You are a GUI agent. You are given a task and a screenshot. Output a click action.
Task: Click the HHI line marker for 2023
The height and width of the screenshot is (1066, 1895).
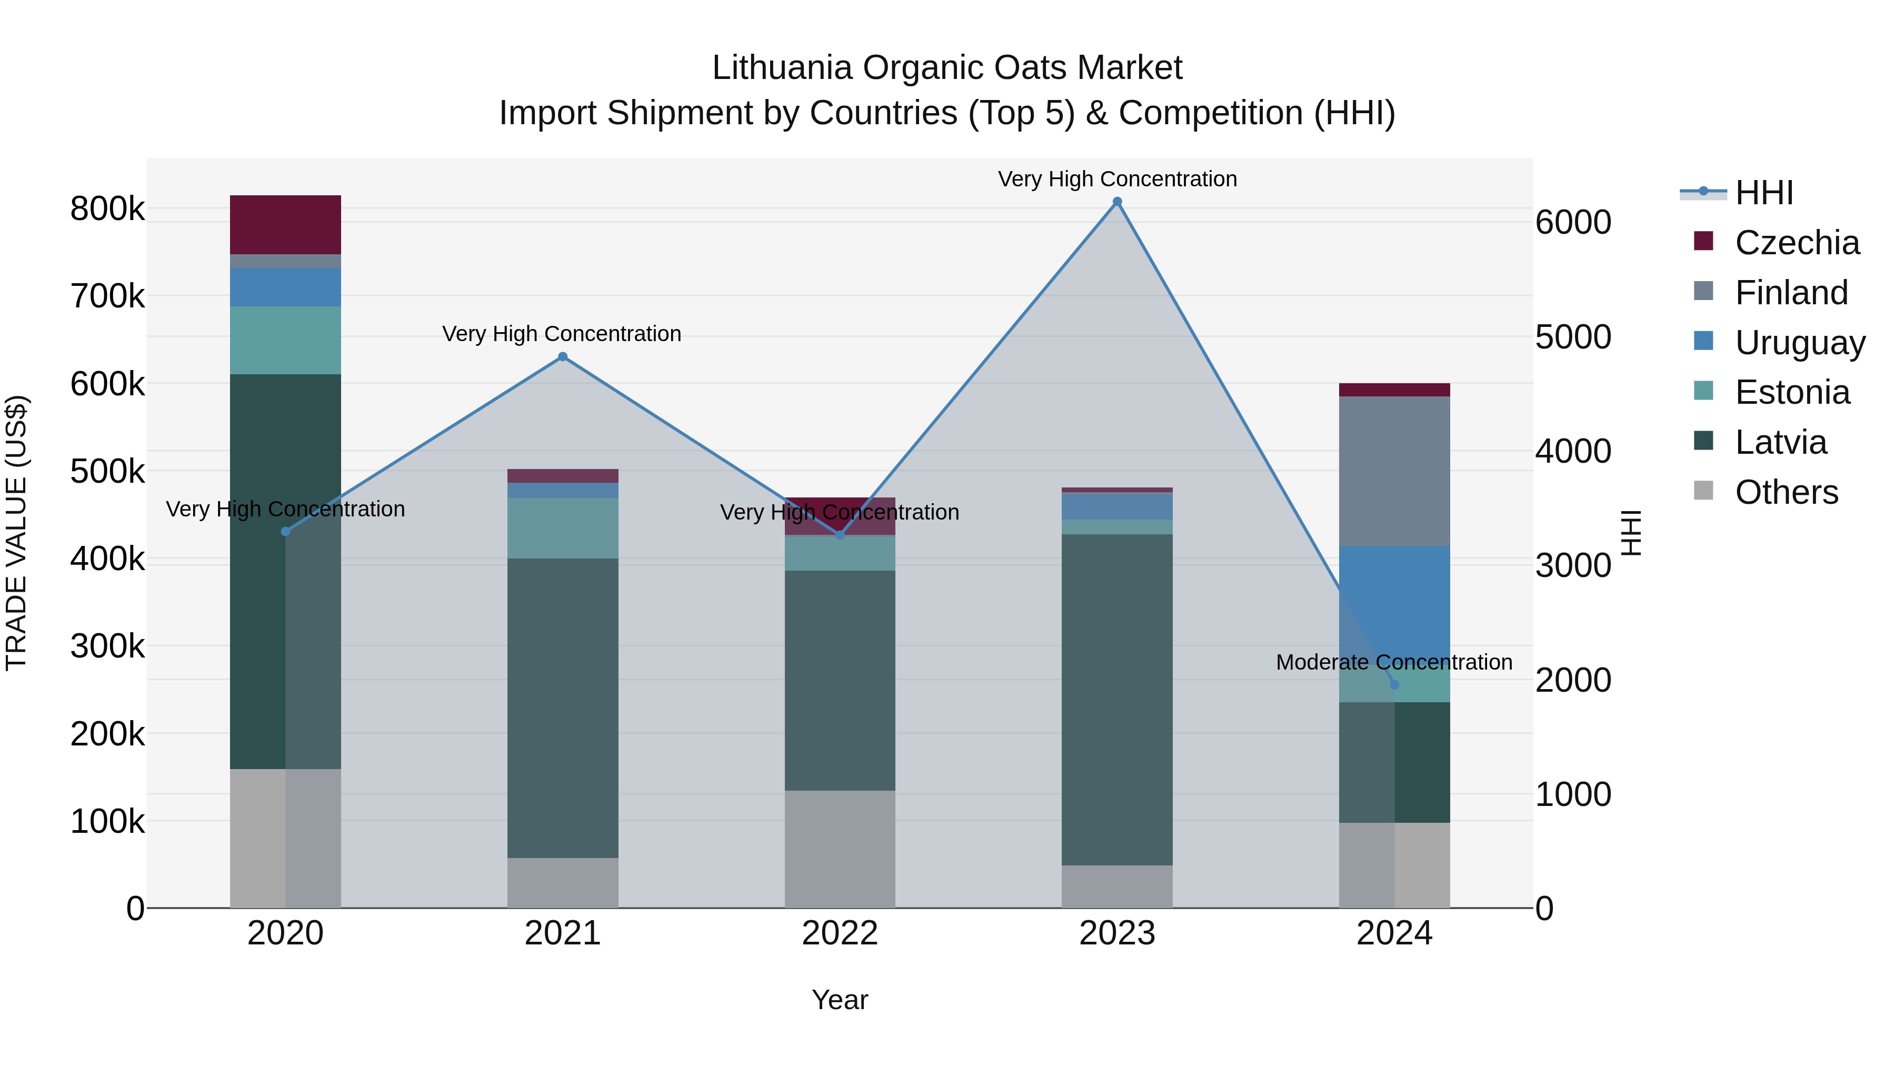pyautogui.click(x=1116, y=202)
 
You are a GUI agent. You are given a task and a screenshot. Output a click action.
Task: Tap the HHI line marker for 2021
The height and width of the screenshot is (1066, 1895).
pyautogui.click(x=563, y=357)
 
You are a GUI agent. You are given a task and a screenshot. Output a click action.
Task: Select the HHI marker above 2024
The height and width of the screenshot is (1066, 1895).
pyautogui.click(x=1394, y=685)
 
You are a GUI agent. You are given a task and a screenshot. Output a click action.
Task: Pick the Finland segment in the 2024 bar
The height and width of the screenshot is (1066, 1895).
pyautogui.click(x=1394, y=471)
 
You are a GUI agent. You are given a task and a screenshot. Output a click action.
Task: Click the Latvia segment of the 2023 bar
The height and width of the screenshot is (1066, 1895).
pyautogui.click(x=1116, y=699)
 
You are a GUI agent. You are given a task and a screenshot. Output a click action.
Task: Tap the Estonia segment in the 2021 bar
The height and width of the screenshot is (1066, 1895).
pyautogui.click(x=563, y=528)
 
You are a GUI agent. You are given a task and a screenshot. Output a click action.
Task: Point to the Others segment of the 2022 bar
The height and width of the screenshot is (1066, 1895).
pyautogui.click(x=840, y=849)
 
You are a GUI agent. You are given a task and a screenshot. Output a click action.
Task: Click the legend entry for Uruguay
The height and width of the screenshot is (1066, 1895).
pyautogui.click(x=1799, y=343)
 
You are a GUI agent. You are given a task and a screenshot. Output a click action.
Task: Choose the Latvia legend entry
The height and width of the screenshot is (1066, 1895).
pyautogui.click(x=1780, y=443)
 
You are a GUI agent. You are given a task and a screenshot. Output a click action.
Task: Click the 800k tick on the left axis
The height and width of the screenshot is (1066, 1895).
pyautogui.click(x=107, y=209)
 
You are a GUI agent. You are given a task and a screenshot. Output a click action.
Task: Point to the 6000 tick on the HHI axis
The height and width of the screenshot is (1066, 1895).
pyautogui.click(x=1573, y=222)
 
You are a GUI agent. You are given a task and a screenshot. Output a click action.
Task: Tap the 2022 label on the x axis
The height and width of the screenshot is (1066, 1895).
pyautogui.click(x=840, y=933)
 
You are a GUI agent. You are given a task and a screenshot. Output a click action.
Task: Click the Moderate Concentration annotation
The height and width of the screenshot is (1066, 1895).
pyautogui.click(x=1394, y=662)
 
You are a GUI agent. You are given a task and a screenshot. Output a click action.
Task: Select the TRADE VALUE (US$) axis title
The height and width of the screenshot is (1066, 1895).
pyautogui.click(x=16, y=533)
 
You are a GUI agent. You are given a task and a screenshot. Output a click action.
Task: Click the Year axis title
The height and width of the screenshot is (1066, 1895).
pyautogui.click(x=840, y=1000)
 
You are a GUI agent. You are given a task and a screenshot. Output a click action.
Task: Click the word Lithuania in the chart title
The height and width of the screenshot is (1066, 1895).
pyautogui.click(x=782, y=68)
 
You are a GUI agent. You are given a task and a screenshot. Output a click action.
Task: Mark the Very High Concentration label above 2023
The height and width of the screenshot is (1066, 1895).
pyautogui.click(x=1116, y=179)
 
